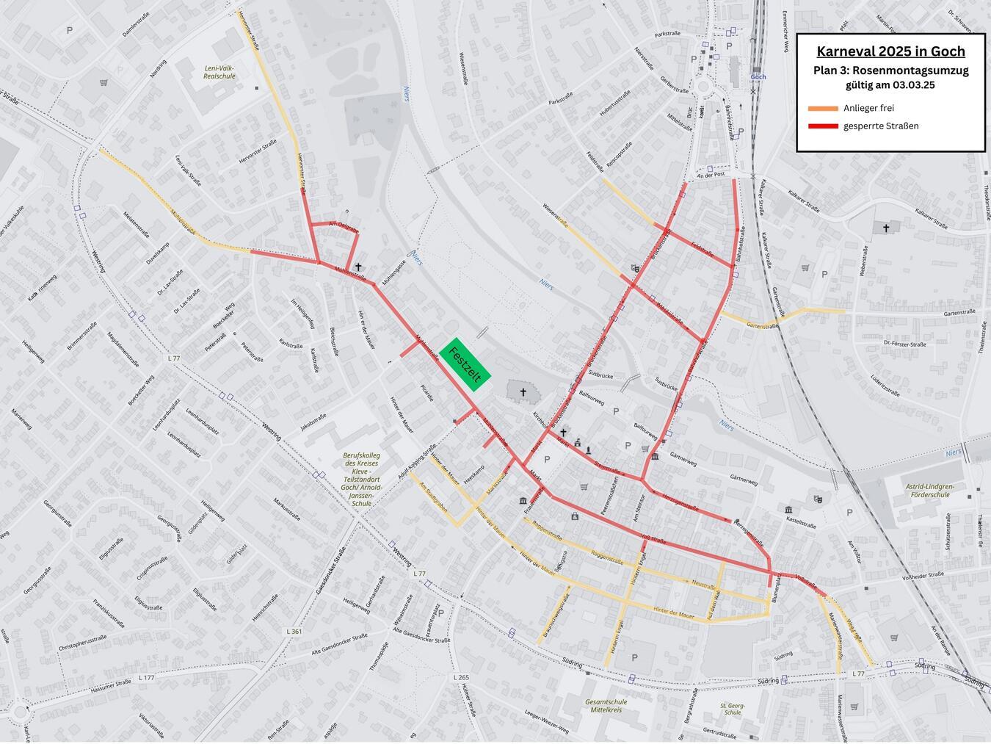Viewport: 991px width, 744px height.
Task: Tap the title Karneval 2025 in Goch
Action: (x=890, y=51)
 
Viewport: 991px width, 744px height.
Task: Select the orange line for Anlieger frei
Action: (x=823, y=109)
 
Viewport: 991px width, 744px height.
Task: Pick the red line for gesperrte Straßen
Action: (x=823, y=126)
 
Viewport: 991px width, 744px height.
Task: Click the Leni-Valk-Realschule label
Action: (x=219, y=71)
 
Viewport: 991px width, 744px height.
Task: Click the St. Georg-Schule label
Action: (x=731, y=709)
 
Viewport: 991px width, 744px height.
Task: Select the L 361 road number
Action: (x=293, y=632)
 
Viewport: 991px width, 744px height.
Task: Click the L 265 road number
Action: (x=461, y=676)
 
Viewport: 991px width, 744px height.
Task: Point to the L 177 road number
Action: (x=147, y=677)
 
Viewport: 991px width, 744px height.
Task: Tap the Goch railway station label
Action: (x=759, y=76)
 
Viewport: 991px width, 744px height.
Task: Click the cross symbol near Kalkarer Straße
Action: (x=886, y=228)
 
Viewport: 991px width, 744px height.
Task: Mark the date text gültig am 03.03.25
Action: (x=890, y=85)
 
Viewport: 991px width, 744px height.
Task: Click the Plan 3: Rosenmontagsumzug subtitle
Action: (x=890, y=71)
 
